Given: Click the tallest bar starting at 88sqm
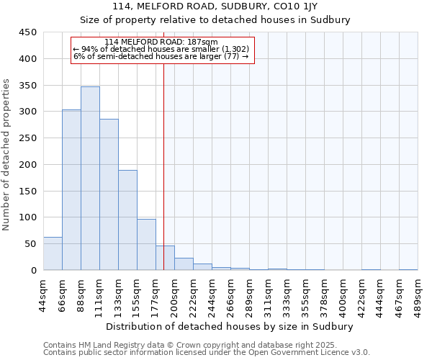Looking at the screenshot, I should [90, 179].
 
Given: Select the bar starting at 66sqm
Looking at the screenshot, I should [71, 190].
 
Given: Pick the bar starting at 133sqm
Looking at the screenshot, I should [127, 220].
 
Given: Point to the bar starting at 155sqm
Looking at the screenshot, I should [146, 245].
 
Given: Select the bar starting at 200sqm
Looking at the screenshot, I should [184, 264].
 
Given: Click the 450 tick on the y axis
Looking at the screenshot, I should [28, 32].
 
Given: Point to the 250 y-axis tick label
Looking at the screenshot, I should [28, 138].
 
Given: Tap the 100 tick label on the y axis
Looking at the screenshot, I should [28, 217].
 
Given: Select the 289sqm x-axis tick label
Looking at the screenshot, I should [250, 294].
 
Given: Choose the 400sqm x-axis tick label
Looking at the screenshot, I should [343, 294].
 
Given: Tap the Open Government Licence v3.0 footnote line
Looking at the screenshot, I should [207, 353].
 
